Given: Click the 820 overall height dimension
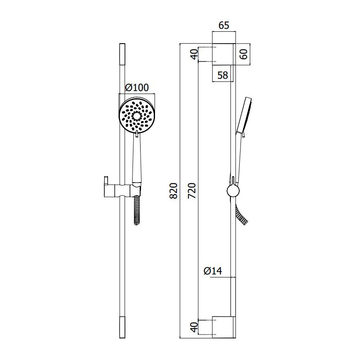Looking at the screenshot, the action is (x=174, y=191).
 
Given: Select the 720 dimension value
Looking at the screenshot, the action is (x=192, y=191).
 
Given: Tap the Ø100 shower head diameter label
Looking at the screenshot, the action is (x=137, y=88).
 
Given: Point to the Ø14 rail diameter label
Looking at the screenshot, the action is (x=213, y=271).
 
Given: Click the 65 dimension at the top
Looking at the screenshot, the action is (x=224, y=25).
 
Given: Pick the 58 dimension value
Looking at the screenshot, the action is (x=222, y=75).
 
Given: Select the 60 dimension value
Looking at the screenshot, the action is (x=244, y=54).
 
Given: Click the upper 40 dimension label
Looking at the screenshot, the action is (x=194, y=54).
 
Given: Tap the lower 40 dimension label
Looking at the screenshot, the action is (x=194, y=327).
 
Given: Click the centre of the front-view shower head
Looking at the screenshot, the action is (x=137, y=116).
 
